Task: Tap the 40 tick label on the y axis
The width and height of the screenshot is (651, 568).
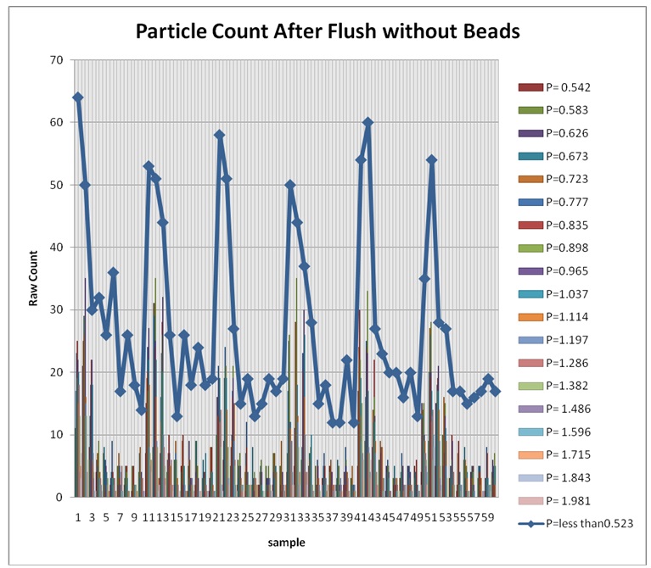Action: click(58, 248)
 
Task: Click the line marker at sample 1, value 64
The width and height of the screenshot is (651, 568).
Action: click(78, 97)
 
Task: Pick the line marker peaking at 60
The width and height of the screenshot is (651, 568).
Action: click(368, 122)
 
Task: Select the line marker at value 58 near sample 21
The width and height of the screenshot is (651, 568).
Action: click(219, 135)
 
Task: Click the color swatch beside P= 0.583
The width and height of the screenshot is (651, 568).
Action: click(530, 110)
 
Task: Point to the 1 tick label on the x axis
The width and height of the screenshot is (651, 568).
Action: click(78, 516)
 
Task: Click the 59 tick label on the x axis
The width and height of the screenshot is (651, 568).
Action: click(488, 516)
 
